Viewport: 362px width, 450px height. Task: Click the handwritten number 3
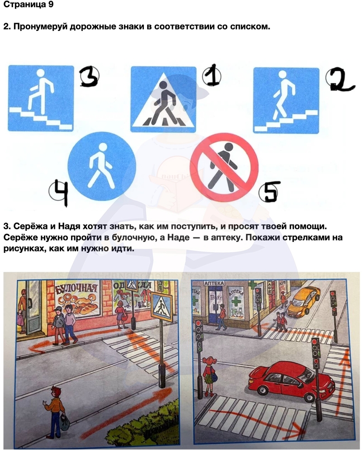(90, 76)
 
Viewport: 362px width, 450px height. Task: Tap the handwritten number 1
(212, 75)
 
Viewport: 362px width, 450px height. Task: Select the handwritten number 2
(340, 79)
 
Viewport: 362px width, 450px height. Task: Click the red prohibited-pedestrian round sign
(224, 167)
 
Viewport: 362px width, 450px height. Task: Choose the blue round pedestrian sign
(102, 166)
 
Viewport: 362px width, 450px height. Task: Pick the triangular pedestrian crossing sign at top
(163, 99)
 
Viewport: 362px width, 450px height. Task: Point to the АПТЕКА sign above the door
(214, 283)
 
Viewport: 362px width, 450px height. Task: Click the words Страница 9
(29, 5)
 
